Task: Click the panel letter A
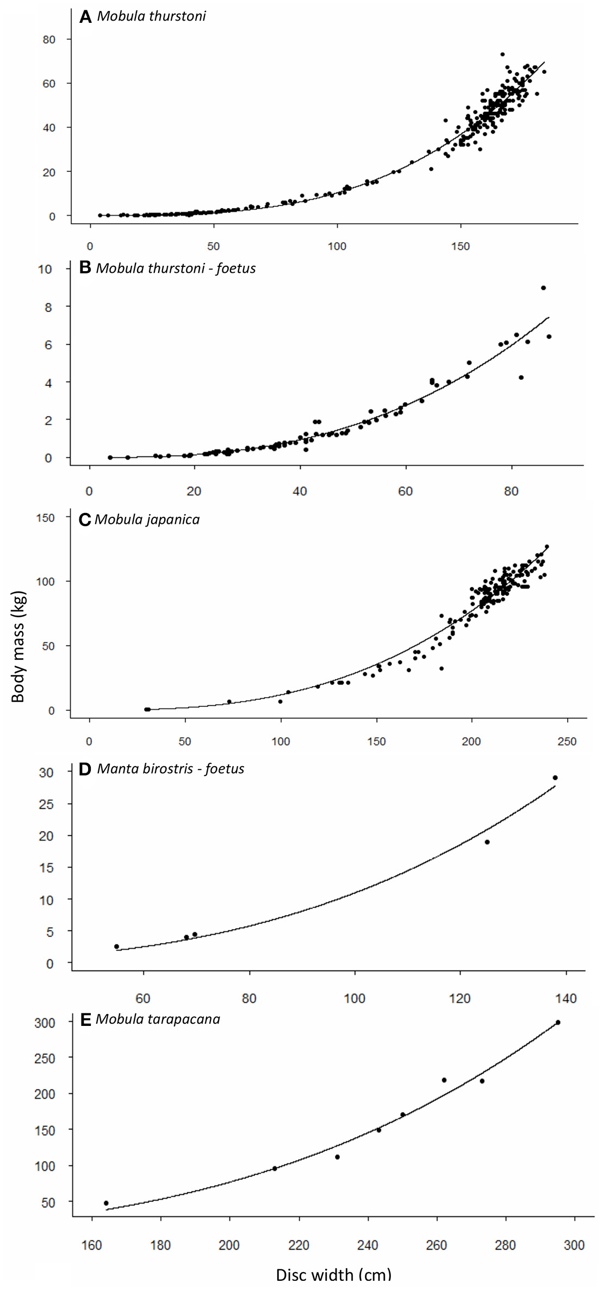click(x=85, y=17)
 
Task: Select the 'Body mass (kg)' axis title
click(x=18, y=646)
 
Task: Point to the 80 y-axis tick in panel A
click(x=49, y=40)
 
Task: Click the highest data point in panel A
click(x=502, y=54)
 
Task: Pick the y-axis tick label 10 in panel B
click(x=45, y=269)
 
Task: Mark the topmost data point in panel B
click(x=543, y=288)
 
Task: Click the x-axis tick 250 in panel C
click(x=567, y=741)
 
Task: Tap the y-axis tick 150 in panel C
click(x=45, y=518)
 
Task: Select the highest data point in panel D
click(x=555, y=778)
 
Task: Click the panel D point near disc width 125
click(x=487, y=842)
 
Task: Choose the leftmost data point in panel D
click(x=116, y=946)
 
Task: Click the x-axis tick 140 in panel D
click(x=566, y=998)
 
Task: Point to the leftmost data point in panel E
click(x=106, y=1203)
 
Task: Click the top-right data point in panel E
click(x=558, y=1023)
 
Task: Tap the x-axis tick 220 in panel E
click(x=299, y=1245)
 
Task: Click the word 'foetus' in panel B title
click(x=235, y=268)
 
